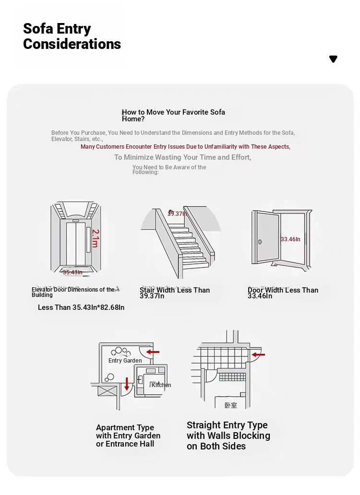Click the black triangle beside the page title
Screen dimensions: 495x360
333,59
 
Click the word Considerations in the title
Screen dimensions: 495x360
72,44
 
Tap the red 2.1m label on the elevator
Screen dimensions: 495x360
95,238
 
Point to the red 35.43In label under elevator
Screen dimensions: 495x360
73,272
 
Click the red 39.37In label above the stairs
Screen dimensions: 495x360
177,213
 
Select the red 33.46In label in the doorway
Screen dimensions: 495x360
290,239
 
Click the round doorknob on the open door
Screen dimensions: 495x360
260,242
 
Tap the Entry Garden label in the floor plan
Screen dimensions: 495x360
125,361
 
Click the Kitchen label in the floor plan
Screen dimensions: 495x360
161,385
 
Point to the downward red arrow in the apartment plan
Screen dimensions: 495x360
127,384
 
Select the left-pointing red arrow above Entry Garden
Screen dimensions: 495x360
153,352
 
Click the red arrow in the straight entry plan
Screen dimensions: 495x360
259,355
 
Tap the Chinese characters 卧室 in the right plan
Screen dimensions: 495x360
231,405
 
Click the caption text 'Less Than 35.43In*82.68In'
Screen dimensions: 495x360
81,307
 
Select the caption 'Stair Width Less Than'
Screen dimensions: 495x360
175,290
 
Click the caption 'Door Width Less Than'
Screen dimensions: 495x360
283,290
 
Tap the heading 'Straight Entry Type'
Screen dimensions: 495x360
227,425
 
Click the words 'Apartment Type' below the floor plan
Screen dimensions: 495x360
125,427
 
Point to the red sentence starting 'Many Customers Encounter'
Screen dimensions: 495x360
185,147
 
